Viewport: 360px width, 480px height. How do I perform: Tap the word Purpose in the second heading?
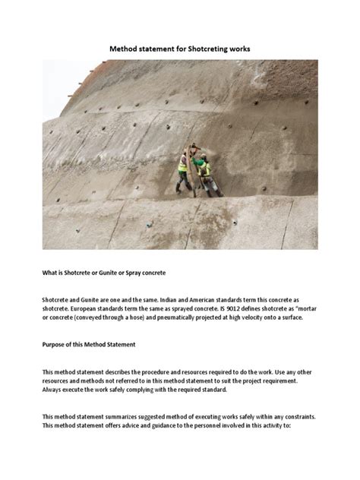[x=55, y=345]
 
